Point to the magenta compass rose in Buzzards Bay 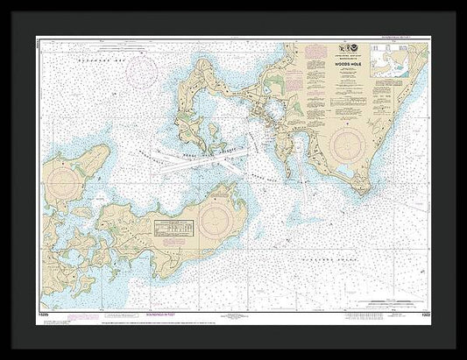[x=143, y=72]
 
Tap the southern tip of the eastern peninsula [x=362, y=191]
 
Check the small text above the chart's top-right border [x=405, y=38]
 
